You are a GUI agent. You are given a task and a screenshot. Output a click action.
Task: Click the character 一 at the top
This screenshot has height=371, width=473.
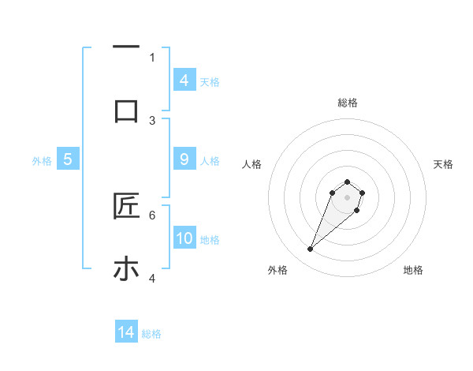click(126, 48)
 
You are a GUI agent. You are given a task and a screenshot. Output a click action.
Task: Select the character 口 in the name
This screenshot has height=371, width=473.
click(126, 111)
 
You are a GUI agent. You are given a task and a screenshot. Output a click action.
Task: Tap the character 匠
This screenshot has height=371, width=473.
click(126, 206)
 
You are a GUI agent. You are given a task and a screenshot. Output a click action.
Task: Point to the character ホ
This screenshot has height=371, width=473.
click(126, 269)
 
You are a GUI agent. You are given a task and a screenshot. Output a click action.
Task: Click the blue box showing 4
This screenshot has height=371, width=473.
click(184, 80)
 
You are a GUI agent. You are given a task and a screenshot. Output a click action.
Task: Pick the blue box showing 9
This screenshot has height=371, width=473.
click(184, 159)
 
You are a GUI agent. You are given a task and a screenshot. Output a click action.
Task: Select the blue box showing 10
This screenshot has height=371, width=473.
click(184, 238)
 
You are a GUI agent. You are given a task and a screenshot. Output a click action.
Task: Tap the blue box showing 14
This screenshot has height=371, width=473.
click(126, 332)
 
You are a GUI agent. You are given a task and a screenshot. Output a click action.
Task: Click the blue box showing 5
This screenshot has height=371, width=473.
click(68, 159)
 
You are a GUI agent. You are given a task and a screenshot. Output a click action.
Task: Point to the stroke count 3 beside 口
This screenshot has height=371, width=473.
click(152, 120)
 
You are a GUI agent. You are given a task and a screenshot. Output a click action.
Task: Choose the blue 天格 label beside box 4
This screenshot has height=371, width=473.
click(210, 81)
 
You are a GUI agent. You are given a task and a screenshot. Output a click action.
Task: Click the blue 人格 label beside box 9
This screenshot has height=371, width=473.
click(210, 161)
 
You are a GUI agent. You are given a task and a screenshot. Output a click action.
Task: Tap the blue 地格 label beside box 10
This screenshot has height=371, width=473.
click(210, 240)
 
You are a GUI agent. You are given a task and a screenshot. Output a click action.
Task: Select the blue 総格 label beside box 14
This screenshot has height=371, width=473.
click(151, 334)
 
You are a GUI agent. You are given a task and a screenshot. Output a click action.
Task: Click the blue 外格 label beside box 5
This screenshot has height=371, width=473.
click(42, 161)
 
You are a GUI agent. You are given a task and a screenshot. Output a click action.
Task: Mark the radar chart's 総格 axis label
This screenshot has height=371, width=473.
click(347, 103)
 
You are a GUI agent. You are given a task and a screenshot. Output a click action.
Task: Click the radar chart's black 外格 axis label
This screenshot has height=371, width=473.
click(277, 270)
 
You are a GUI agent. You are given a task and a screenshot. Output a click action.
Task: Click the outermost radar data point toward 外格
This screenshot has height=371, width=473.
click(310, 249)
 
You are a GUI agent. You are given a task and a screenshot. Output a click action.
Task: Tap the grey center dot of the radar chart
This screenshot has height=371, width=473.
click(347, 197)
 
